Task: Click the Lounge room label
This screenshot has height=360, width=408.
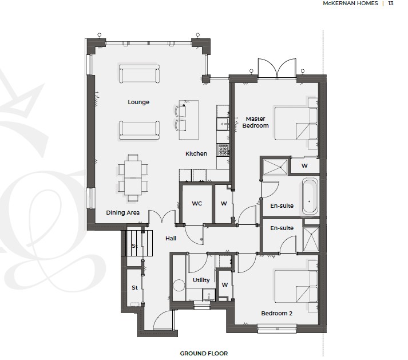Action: point(138,102)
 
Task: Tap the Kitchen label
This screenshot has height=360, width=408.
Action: point(196,153)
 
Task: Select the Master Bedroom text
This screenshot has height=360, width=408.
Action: point(255,122)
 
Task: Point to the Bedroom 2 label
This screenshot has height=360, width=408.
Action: point(276,313)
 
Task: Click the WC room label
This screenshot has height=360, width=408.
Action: point(197,203)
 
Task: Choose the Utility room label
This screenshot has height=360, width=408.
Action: point(201,280)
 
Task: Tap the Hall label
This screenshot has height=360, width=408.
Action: point(171,238)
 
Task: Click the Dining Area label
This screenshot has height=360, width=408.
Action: point(122,213)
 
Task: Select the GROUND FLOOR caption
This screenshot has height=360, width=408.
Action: point(204,353)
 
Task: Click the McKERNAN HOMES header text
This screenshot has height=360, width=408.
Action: point(350,3)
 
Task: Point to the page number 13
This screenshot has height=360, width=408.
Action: point(391,3)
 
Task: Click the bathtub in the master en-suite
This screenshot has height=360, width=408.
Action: point(310,196)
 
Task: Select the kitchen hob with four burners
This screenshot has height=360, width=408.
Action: point(223,150)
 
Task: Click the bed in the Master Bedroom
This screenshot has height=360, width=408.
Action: point(296,124)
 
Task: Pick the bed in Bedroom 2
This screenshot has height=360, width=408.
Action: point(296,286)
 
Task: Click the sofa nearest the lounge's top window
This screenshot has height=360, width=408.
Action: point(140,74)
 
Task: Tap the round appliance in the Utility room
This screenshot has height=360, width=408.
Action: point(179,285)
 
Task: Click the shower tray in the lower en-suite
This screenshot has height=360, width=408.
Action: point(311,239)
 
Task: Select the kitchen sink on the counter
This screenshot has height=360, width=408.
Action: point(223,124)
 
